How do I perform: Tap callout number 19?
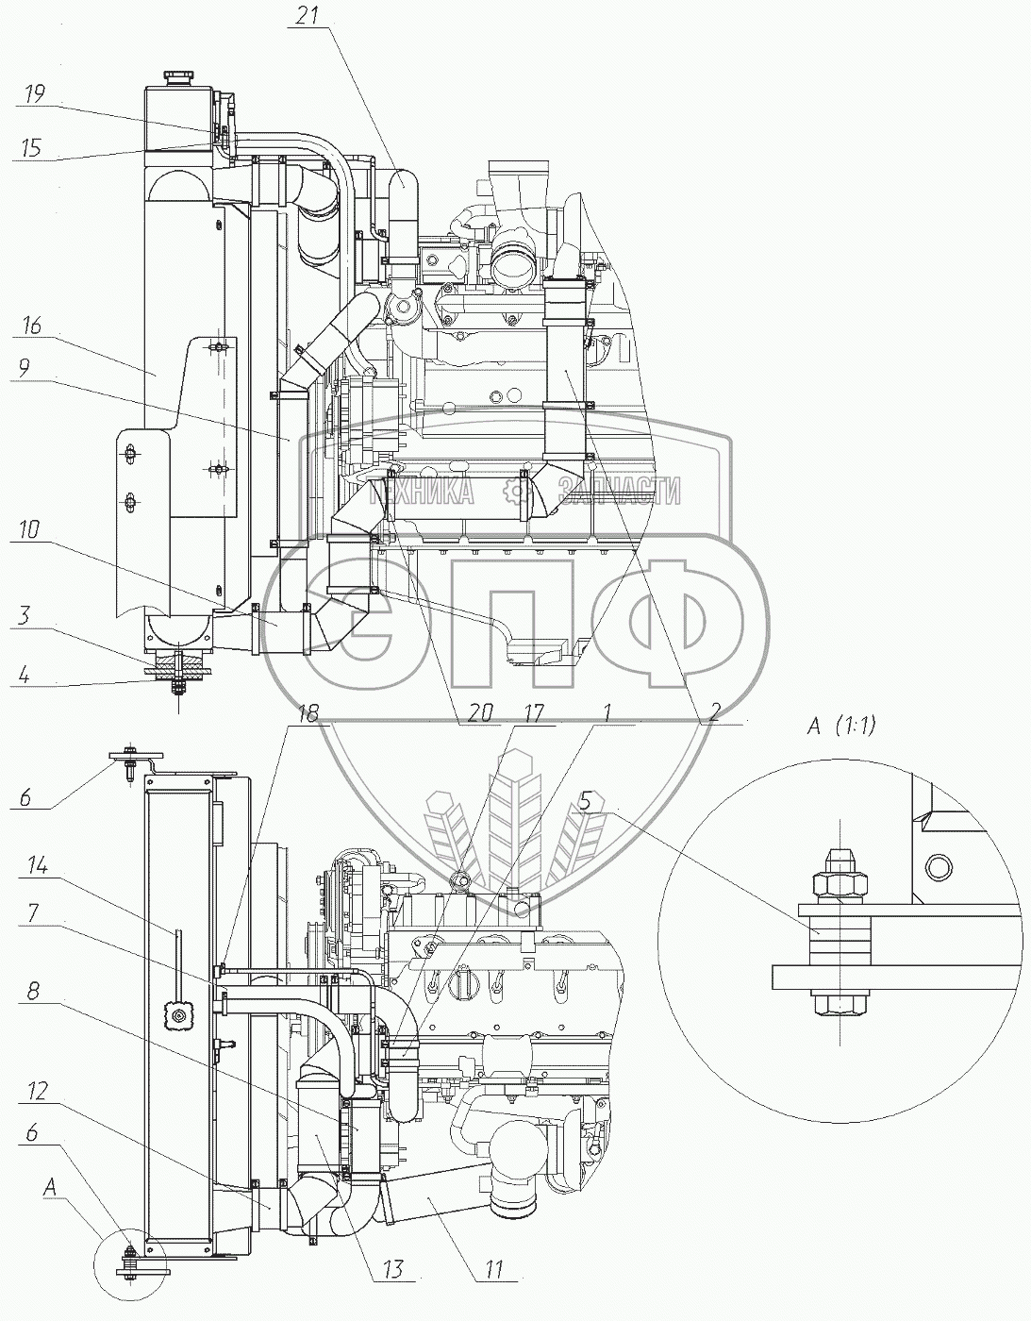pyautogui.click(x=34, y=93)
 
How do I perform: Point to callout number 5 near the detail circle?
pyautogui.click(x=587, y=800)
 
